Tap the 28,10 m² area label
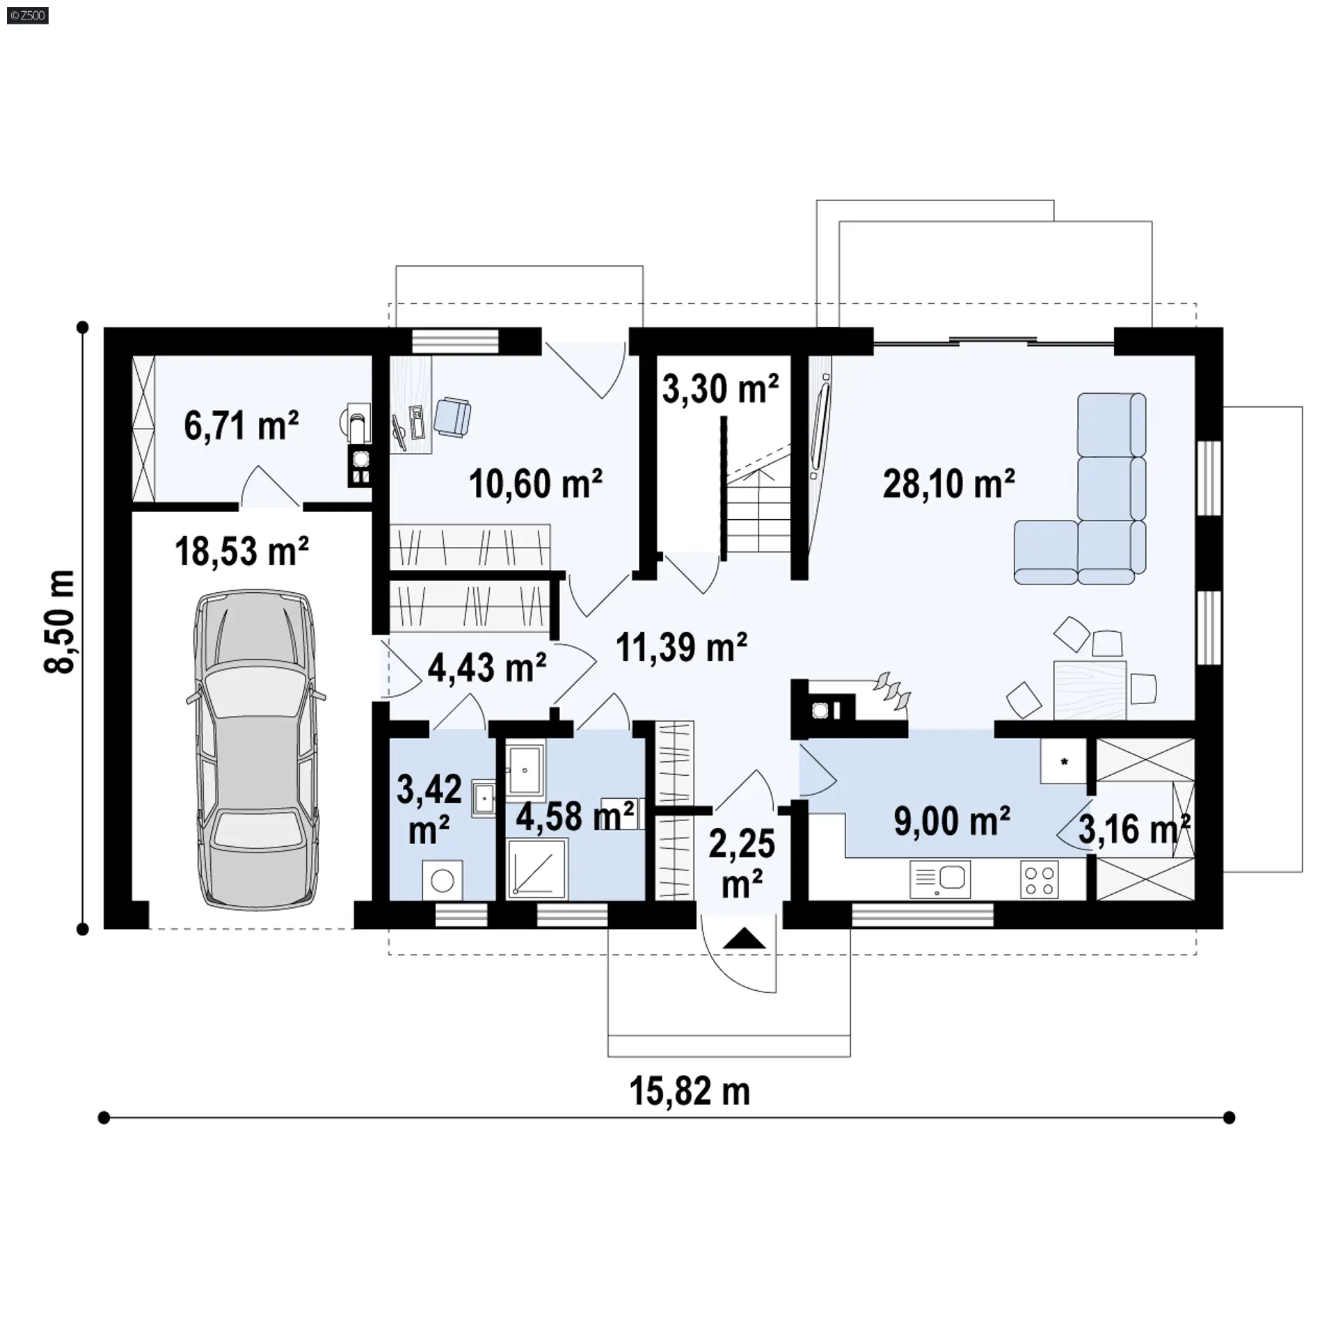coord(949,483)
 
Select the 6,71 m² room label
coord(241,425)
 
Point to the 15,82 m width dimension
coord(690,1091)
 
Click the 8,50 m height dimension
coord(60,621)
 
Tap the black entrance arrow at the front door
coord(744,939)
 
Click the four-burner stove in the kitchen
coord(1040,880)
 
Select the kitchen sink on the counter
coord(940,880)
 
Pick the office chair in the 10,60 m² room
coord(452,415)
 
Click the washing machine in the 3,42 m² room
coord(443,881)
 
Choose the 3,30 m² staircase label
coord(720,388)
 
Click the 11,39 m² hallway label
coord(681,647)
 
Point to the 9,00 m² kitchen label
coord(952,821)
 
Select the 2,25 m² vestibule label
coord(742,864)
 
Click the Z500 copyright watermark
coord(28,15)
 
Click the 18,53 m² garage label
coord(241,551)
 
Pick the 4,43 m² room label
coord(486,668)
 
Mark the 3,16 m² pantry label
coord(1134,829)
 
